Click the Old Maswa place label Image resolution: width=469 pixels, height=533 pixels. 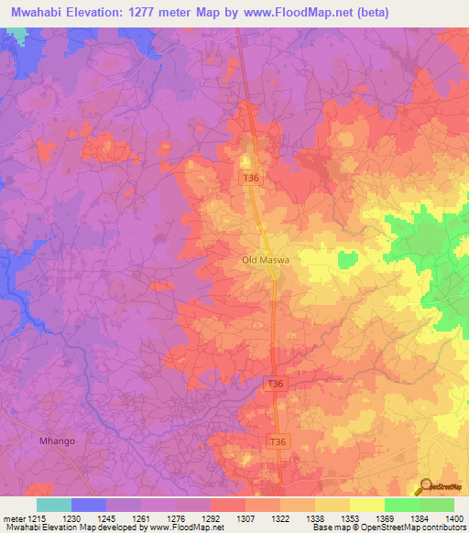[266, 260]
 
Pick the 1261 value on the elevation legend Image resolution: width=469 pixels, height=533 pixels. [141, 518]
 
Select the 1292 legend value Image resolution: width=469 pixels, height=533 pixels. [211, 518]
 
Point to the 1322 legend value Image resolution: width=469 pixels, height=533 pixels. [280, 518]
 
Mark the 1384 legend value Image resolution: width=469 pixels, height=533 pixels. [420, 518]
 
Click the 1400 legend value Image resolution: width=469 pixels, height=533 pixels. [454, 518]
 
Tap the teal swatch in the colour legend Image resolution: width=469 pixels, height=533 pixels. [54, 505]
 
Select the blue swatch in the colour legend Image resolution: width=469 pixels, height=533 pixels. [89, 505]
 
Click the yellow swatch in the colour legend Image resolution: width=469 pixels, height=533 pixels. [367, 505]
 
